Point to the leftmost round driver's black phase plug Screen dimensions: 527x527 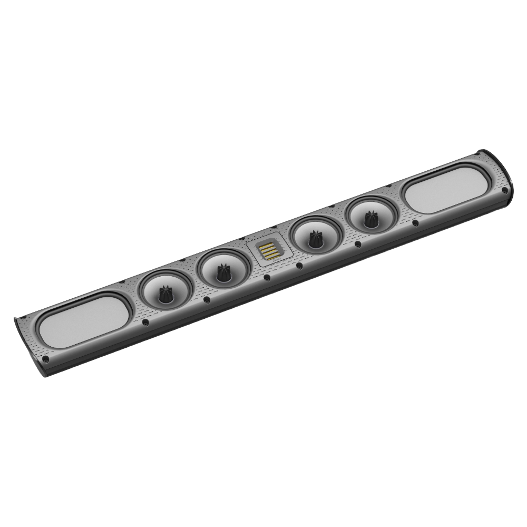165,294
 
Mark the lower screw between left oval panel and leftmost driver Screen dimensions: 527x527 144,320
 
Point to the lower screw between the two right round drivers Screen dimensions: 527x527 358,243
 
